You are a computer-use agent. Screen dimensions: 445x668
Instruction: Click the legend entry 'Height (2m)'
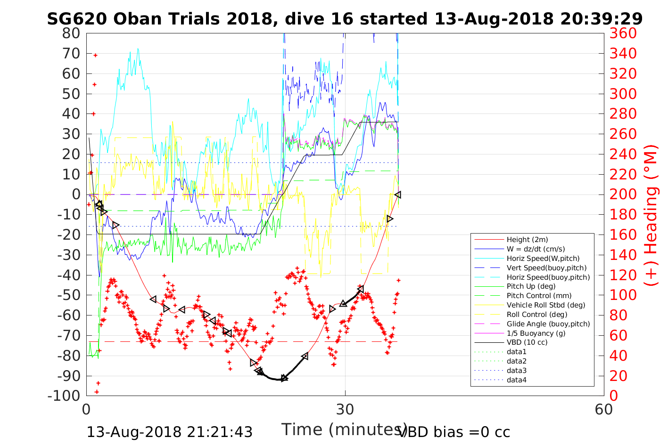[527, 240]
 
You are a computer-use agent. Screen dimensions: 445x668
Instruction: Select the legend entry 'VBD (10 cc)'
[527, 342]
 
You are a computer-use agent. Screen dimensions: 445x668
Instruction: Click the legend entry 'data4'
[516, 380]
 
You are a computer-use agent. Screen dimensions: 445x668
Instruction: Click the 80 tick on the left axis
[71, 33]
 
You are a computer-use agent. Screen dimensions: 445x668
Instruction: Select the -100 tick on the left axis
[64, 396]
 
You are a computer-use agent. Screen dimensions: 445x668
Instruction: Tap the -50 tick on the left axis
[69, 295]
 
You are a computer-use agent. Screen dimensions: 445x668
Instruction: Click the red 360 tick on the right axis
[623, 33]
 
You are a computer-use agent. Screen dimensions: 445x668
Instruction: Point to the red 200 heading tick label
[623, 194]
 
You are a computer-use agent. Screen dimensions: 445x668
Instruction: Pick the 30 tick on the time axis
[345, 409]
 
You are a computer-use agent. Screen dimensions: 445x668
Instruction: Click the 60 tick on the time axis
[603, 409]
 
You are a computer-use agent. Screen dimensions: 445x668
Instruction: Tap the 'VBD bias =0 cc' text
[454, 432]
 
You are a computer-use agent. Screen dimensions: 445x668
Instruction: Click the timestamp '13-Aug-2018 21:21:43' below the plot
[170, 432]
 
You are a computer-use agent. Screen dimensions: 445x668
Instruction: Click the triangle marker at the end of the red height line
[398, 194]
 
